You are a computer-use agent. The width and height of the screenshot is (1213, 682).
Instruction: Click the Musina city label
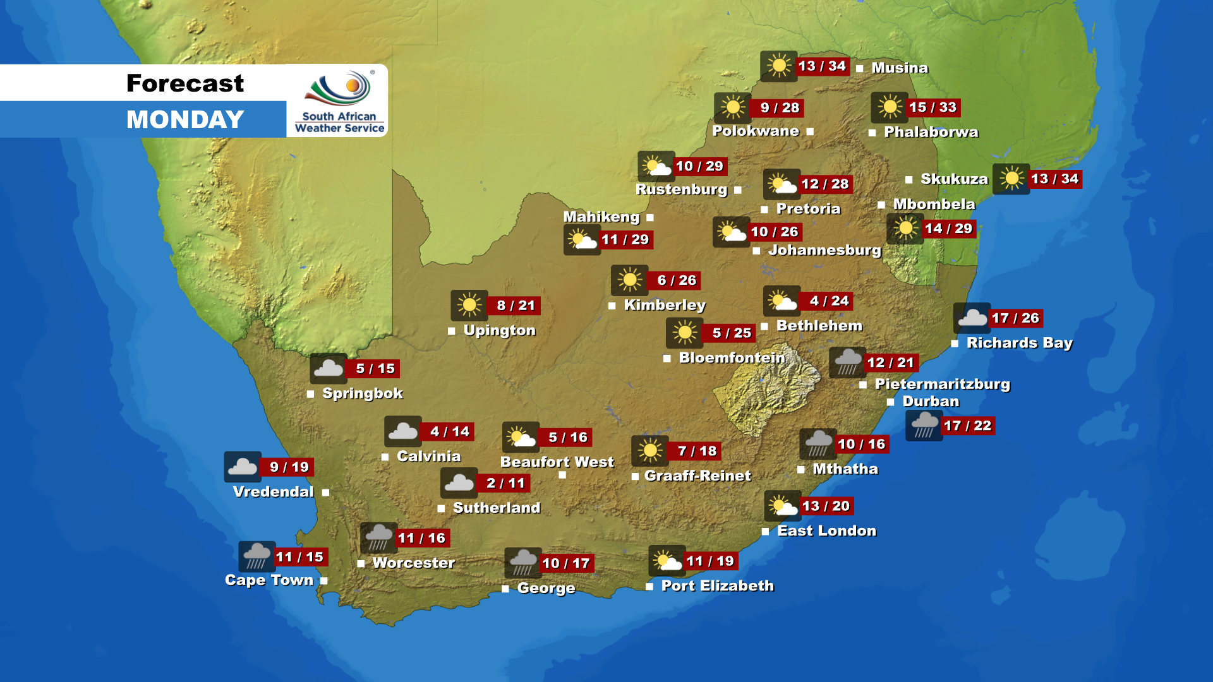tap(899, 68)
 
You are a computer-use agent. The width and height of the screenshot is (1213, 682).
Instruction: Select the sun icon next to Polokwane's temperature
tap(732, 108)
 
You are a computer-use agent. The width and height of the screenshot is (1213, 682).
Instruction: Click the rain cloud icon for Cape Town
tap(256, 556)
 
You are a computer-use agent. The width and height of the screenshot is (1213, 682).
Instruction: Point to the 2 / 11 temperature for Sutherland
tap(505, 483)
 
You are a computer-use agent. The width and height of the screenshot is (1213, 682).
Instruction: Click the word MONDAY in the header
tap(185, 119)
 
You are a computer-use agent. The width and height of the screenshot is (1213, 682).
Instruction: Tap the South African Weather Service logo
tap(339, 101)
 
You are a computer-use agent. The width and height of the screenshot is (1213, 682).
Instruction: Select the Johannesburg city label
tap(824, 251)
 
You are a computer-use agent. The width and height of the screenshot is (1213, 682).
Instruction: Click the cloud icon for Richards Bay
tap(972, 318)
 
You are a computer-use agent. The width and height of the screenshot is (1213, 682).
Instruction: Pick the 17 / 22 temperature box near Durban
tap(967, 426)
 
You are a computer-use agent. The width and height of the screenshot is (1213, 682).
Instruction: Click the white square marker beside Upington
tap(452, 331)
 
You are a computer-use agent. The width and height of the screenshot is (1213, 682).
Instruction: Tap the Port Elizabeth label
tap(717, 586)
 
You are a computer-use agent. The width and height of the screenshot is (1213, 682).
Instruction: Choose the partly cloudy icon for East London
tap(782, 506)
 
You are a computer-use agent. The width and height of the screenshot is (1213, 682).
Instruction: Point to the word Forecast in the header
tap(185, 83)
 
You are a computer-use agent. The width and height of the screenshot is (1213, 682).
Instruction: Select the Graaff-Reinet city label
tap(697, 476)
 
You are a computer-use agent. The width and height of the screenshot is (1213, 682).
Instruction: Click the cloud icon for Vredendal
tap(243, 467)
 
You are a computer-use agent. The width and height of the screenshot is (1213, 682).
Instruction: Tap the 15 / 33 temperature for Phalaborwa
tap(932, 107)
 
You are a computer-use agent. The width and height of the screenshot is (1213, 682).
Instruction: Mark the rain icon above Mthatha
tap(818, 444)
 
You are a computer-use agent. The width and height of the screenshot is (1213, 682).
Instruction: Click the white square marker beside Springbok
tap(311, 394)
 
